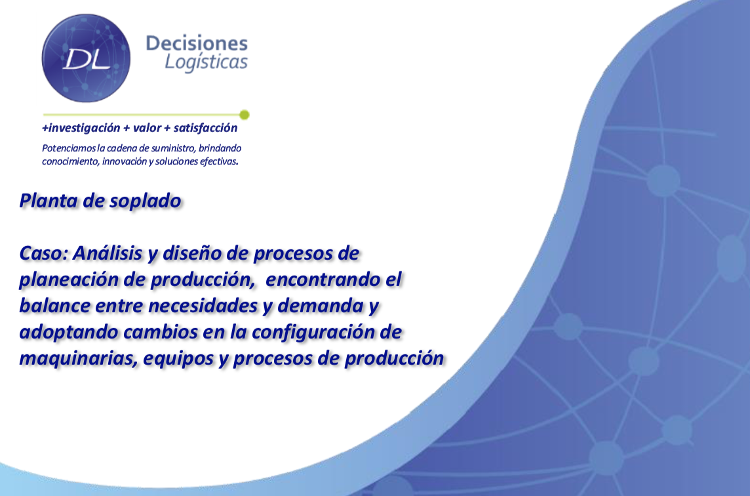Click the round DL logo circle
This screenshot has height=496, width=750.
pyautogui.click(x=86, y=58)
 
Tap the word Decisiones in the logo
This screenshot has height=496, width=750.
pyautogui.click(x=197, y=43)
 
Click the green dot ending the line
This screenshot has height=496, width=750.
pyautogui.click(x=244, y=114)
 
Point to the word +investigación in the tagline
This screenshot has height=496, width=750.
pyautogui.click(x=81, y=129)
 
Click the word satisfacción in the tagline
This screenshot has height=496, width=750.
pyautogui.click(x=205, y=128)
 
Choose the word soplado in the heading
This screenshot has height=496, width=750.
pyautogui.click(x=146, y=201)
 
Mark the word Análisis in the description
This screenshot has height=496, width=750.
pyautogui.click(x=108, y=253)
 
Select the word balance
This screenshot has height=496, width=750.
pyautogui.click(x=54, y=306)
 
